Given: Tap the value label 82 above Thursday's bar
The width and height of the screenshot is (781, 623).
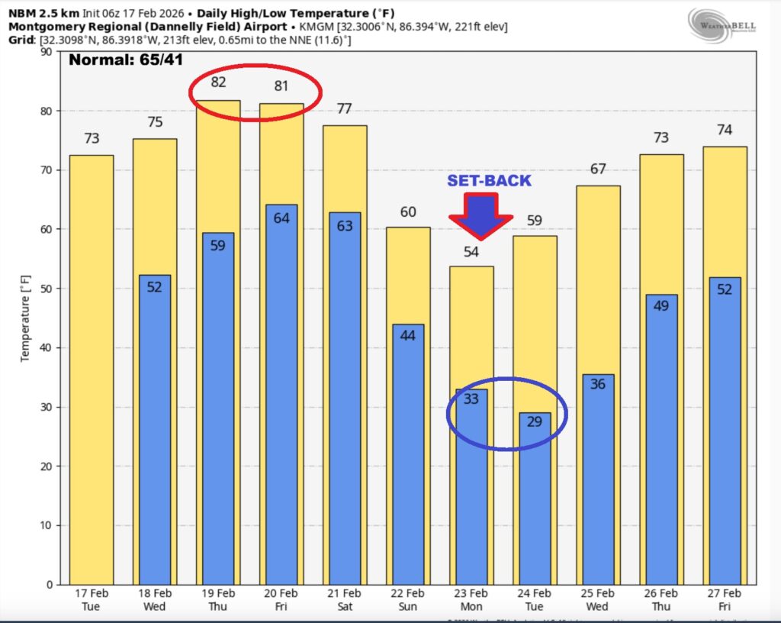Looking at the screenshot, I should [219, 82].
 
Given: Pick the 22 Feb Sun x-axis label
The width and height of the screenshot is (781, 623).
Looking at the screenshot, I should [408, 599].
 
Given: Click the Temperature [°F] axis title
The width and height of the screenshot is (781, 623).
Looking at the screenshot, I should [25, 318].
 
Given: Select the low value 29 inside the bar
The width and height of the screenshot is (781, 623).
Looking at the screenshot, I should [535, 421].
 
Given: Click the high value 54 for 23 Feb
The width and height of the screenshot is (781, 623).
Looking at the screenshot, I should [471, 252].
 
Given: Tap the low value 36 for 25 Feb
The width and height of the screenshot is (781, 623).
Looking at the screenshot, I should [597, 383].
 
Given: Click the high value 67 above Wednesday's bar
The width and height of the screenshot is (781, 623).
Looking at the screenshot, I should [598, 169].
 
